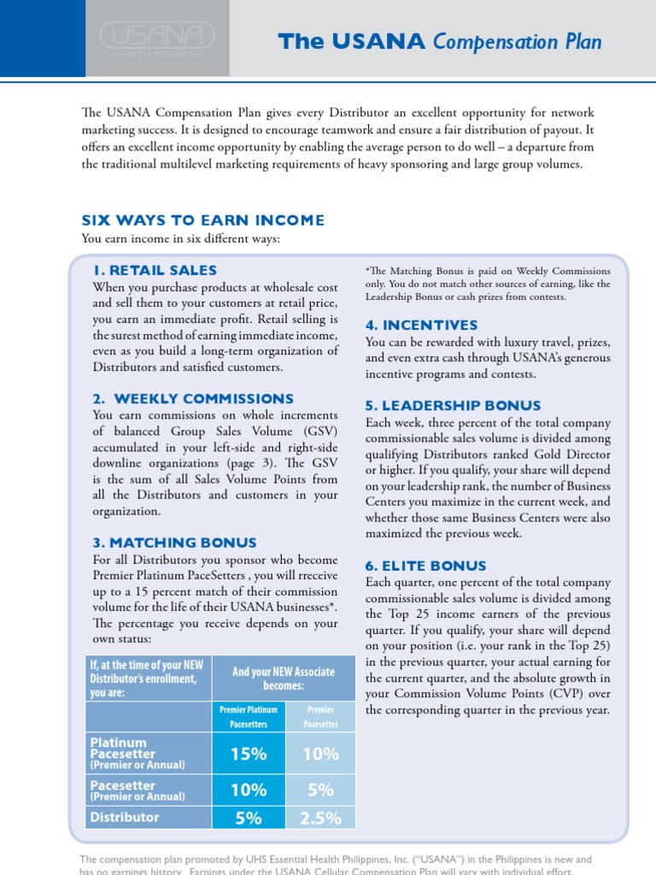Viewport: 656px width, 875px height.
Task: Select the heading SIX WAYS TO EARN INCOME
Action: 202,220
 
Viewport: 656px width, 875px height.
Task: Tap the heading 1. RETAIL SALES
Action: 155,270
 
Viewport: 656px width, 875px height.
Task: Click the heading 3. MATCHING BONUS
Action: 174,543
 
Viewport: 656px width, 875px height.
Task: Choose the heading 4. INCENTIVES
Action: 421,326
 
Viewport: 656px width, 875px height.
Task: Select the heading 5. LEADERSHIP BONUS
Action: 453,406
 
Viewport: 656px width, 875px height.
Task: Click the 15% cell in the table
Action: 248,754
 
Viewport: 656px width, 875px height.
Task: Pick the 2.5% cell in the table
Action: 320,818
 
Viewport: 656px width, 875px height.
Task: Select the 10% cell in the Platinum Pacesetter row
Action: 320,754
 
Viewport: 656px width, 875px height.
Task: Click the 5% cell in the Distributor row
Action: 248,818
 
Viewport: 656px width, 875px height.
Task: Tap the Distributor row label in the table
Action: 125,817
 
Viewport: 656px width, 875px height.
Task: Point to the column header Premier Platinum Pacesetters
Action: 248,716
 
